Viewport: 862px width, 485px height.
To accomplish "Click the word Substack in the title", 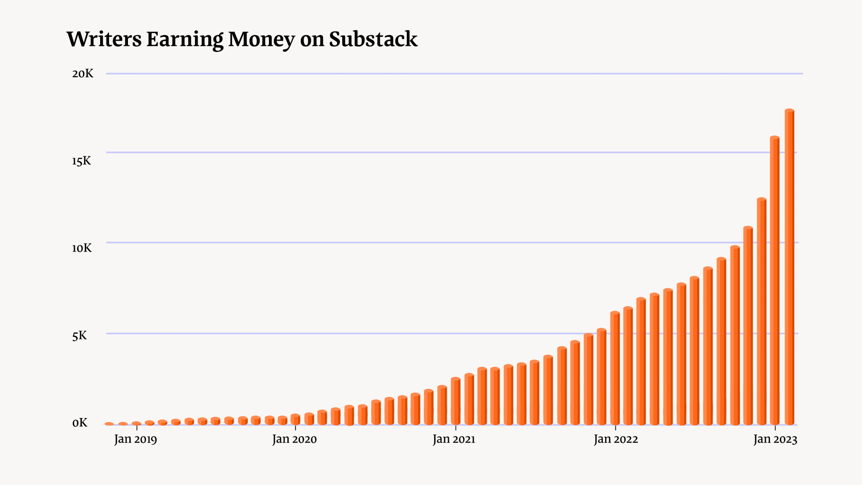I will coord(373,40).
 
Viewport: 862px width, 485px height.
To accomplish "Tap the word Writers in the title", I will coord(104,40).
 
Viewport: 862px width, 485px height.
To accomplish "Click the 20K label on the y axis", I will coord(83,74).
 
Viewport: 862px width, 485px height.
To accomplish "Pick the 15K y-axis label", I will coord(81,161).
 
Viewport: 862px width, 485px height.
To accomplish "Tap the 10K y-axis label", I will coord(82,248).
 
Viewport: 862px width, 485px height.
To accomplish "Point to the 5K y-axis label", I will coord(79,336).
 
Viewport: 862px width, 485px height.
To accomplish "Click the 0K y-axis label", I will coord(80,423).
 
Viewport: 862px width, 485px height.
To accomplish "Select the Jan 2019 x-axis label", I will coord(136,439).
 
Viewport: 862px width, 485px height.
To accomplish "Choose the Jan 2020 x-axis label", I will coord(295,439).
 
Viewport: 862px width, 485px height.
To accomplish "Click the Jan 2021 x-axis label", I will coord(454,439).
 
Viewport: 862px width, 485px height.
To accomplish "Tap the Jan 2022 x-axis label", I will coord(616,439).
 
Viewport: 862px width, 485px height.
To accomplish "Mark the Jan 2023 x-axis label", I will coord(775,439).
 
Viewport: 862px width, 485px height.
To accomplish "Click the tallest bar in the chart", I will coord(789,269).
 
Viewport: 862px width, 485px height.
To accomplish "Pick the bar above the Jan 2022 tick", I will coord(615,368).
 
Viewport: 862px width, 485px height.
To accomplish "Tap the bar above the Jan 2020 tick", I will coord(295,419).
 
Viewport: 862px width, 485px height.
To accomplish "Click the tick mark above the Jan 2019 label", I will coord(137,428).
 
